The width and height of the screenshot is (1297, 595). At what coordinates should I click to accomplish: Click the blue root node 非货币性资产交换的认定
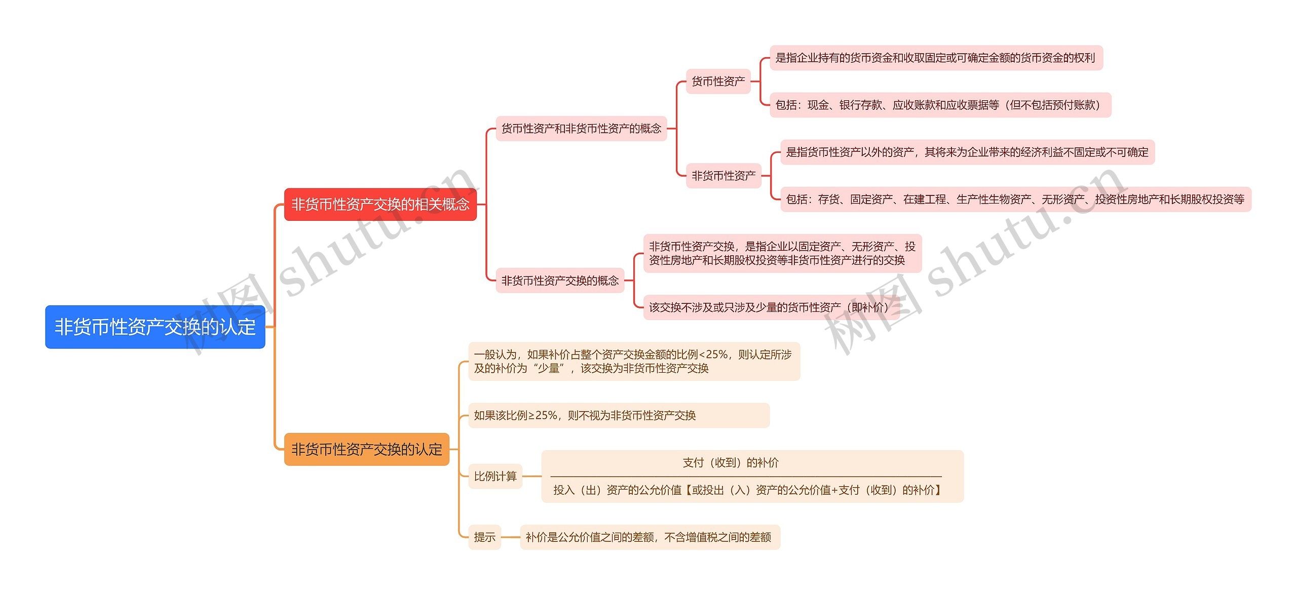[x=155, y=327]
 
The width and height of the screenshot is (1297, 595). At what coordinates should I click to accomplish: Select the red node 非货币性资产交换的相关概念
[x=380, y=205]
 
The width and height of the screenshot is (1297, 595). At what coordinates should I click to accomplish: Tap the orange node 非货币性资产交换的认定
[x=366, y=449]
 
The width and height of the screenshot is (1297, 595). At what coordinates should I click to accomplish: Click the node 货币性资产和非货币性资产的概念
[x=581, y=129]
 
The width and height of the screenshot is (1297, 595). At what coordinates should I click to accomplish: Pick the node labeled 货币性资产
[x=718, y=82]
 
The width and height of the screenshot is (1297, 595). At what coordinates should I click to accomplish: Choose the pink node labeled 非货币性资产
[x=723, y=176]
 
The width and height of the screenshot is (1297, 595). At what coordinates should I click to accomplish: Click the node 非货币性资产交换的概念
[x=559, y=281]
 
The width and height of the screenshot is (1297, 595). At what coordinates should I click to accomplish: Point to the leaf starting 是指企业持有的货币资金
[x=935, y=58]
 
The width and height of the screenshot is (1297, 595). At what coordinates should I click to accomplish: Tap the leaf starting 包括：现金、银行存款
[x=940, y=105]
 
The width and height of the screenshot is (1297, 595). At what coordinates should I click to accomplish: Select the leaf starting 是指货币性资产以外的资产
[x=967, y=152]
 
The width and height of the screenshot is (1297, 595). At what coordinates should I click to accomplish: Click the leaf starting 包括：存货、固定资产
[x=1015, y=200]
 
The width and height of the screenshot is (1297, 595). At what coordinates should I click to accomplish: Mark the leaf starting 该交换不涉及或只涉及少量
[x=770, y=307]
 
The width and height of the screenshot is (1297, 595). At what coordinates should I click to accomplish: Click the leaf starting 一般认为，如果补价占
[x=633, y=362]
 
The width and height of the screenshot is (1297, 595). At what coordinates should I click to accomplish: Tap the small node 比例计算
[x=495, y=477]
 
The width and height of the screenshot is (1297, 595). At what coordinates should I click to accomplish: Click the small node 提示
[x=484, y=537]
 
